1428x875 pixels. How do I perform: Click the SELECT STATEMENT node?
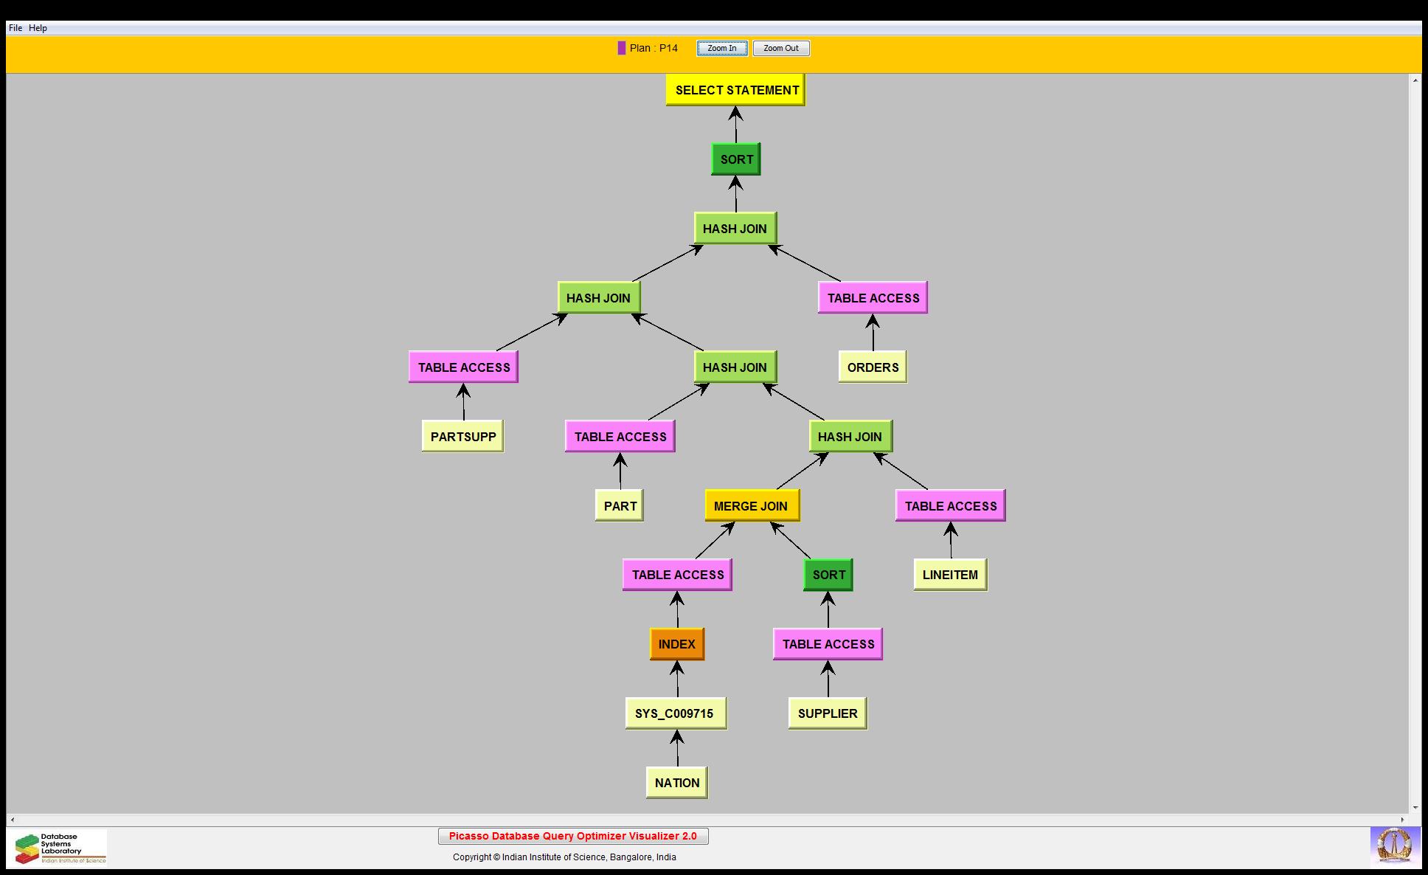tap(735, 90)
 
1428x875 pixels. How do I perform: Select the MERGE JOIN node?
tap(751, 506)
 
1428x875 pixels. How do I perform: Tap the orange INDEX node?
tap(676, 644)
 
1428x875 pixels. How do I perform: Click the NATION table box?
tap(676, 783)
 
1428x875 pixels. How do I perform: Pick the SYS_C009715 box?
tap(675, 713)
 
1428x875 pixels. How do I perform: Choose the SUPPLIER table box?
tap(827, 713)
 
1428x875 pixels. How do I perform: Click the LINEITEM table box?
tap(950, 575)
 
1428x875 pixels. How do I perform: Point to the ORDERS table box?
tap(873, 367)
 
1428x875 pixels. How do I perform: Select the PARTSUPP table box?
tap(462, 437)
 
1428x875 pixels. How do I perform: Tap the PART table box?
tap(620, 506)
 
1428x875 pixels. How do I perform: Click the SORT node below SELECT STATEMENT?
tap(736, 159)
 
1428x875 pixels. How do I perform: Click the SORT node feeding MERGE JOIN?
tap(828, 575)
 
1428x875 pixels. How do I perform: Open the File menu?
tap(15, 28)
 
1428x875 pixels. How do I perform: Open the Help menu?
tap(38, 28)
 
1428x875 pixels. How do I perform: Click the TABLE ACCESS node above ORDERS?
tap(873, 298)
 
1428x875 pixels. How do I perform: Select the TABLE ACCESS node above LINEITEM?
tap(950, 506)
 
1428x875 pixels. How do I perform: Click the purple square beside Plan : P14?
tap(622, 48)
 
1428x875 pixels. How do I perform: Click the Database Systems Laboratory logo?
tap(60, 848)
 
